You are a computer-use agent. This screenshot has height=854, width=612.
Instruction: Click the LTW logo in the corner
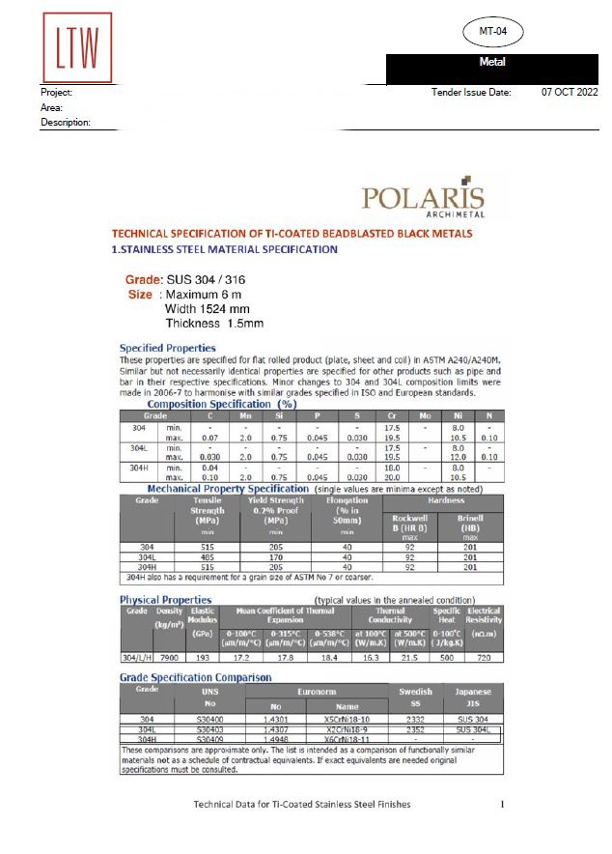77,47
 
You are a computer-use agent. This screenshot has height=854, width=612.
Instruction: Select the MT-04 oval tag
500,32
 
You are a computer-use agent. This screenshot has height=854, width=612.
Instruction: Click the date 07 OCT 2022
570,92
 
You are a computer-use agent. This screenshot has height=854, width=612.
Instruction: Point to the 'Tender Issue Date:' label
472,92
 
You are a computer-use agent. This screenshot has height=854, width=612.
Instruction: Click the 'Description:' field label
66,123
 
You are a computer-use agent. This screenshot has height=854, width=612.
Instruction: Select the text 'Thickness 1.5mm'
214,324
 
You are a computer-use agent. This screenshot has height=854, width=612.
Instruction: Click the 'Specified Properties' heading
168,348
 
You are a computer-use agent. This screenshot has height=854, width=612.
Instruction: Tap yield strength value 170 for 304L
276,558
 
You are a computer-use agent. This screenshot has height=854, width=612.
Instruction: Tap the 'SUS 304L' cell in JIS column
473,729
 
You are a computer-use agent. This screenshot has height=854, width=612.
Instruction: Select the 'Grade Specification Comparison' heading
195,677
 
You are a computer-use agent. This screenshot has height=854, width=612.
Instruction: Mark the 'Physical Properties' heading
166,600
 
